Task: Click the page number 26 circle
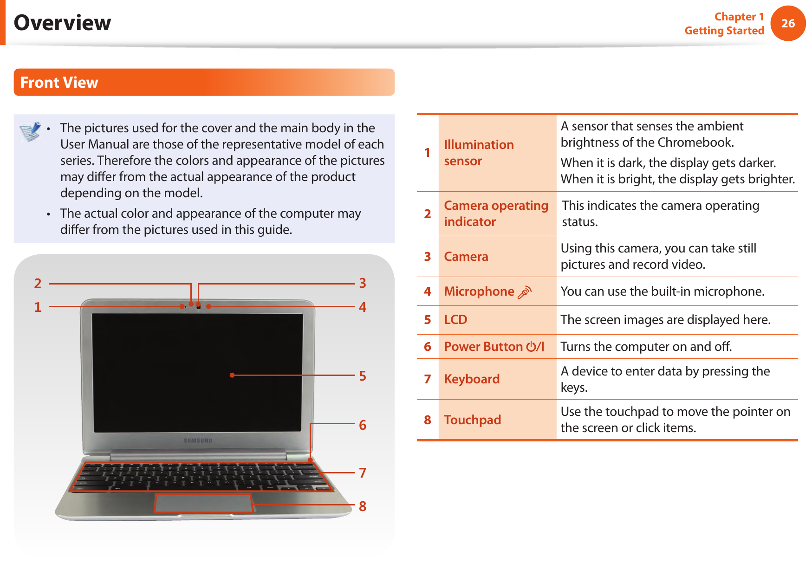point(787,23)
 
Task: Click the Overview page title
point(62,23)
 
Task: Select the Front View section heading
point(59,83)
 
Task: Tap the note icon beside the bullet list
point(30,131)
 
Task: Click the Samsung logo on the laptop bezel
point(198,440)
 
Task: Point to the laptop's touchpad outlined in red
point(203,503)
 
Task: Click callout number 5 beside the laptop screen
point(363,376)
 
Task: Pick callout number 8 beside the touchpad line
point(363,506)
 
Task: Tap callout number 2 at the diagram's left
point(38,284)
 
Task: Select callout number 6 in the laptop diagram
point(363,425)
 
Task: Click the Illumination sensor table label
point(478,153)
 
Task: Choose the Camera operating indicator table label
point(495,214)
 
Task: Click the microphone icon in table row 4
point(525,292)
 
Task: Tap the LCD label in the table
point(455,320)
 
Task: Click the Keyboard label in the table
point(472,379)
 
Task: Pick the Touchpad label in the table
point(472,420)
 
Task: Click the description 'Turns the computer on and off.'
point(646,347)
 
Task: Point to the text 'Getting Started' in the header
point(724,31)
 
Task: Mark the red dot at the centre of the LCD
point(232,375)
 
